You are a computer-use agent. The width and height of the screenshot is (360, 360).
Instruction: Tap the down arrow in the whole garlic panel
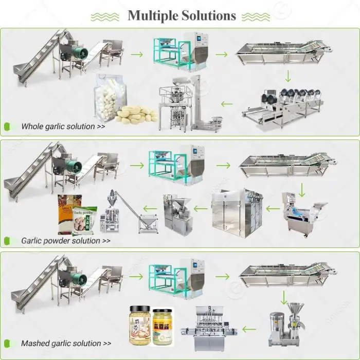pos(289,76)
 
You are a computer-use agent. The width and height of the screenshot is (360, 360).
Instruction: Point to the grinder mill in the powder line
pos(177,211)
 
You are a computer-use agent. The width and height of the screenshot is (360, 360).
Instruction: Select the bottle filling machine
pos(217,327)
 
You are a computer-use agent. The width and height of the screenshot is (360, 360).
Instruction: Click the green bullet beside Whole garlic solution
pos(7,126)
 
